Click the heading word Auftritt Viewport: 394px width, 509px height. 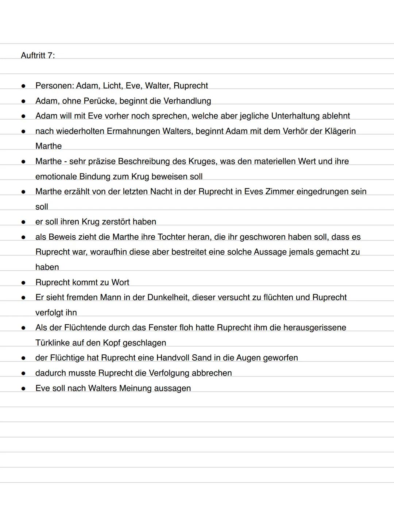[33, 55]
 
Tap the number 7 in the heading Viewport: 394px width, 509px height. [50, 55]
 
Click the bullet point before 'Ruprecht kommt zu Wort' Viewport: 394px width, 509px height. [23, 283]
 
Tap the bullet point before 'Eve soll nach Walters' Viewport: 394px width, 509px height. [23, 389]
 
